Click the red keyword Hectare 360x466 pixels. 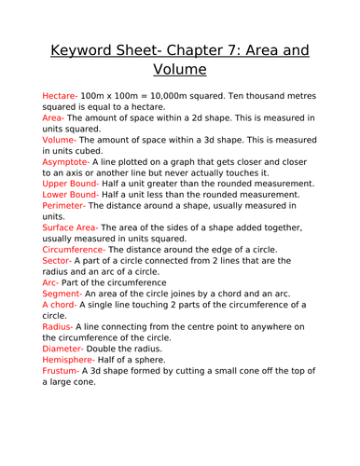[x=62, y=96]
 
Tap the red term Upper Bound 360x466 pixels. [x=75, y=184]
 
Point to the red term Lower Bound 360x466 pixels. [x=74, y=195]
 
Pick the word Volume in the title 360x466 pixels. [x=180, y=69]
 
